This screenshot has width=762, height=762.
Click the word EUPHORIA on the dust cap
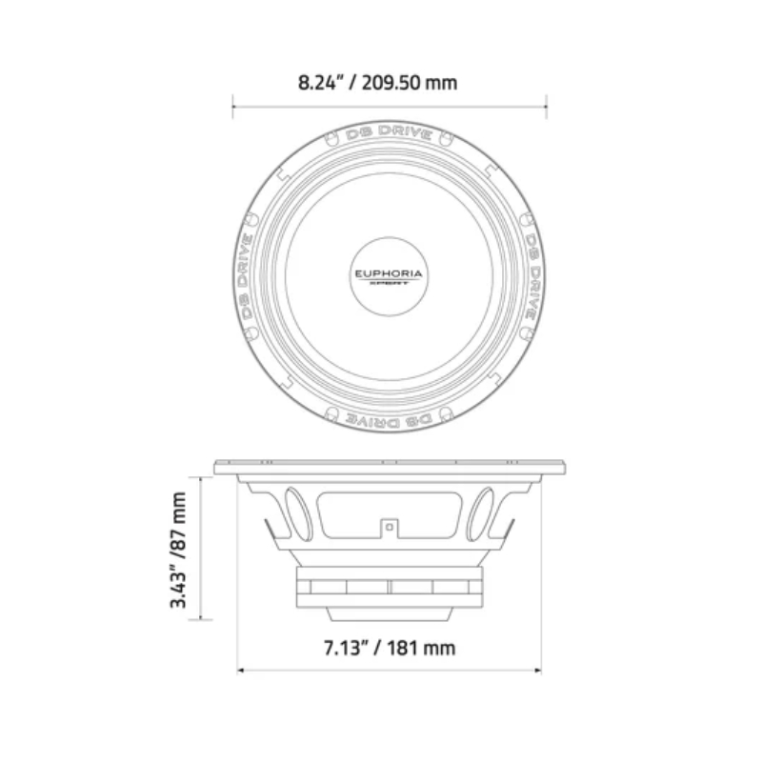tap(390, 273)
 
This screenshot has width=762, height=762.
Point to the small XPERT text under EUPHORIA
tap(390, 285)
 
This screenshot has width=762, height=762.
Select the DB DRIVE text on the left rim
tap(246, 276)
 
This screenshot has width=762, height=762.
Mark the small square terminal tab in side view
tap(390, 525)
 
